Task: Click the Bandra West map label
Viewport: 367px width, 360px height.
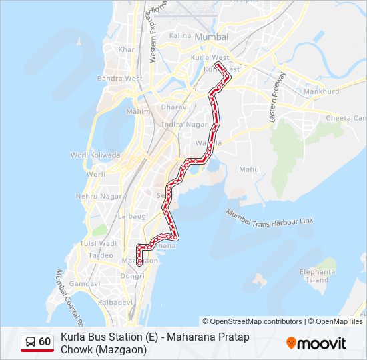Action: coord(119,79)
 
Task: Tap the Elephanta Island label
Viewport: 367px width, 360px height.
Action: coord(317,276)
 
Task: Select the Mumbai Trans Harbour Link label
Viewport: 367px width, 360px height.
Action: coord(269,217)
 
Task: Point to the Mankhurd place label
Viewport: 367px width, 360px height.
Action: coord(321,91)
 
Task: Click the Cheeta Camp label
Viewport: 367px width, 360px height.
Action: coord(346,118)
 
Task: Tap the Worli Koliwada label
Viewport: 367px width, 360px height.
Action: coord(95,155)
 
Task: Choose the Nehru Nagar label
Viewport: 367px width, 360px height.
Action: coord(99,197)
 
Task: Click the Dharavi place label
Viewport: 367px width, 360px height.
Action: coord(175,107)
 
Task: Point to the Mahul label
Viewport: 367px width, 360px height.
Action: coord(250,169)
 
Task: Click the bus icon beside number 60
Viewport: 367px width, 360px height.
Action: coord(31,342)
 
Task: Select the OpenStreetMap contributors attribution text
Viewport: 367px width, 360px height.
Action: coord(252,321)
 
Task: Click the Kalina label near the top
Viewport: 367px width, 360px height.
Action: coord(180,35)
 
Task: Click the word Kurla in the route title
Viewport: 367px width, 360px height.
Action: coord(73,337)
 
